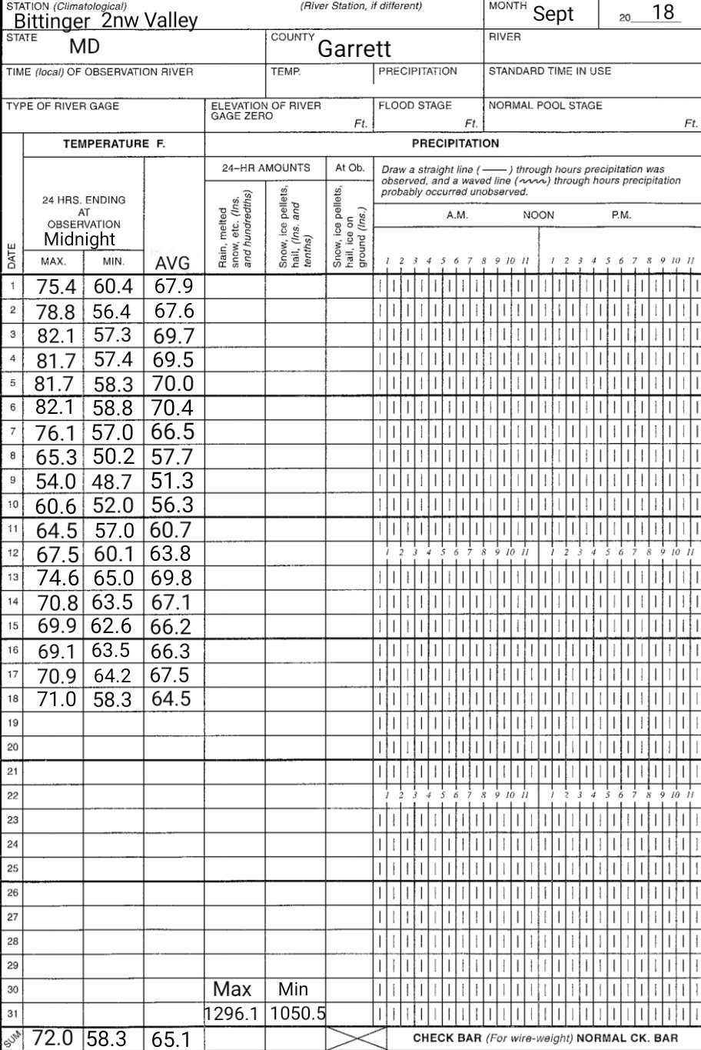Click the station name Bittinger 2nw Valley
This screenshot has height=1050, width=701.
(105, 20)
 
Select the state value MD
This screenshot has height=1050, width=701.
(85, 46)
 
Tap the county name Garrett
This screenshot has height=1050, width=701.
(354, 49)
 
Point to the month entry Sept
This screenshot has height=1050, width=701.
(553, 14)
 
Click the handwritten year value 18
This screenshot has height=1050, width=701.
(662, 12)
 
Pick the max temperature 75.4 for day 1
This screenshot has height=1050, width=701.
(56, 287)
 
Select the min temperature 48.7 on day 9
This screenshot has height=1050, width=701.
(113, 482)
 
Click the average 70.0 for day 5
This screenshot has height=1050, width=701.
(172, 384)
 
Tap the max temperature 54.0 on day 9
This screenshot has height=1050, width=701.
(55, 482)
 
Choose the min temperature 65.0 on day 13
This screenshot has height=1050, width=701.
(113, 578)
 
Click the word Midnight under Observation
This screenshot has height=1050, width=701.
(79, 239)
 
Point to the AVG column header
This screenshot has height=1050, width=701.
(172, 264)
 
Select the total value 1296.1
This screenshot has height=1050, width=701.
(235, 1015)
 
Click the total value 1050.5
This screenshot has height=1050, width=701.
(297, 1015)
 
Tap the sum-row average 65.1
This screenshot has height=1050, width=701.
(172, 1040)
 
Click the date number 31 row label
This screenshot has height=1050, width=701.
(12, 1013)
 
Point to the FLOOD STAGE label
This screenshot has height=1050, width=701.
(414, 106)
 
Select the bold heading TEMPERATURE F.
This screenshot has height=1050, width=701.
(114, 143)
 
